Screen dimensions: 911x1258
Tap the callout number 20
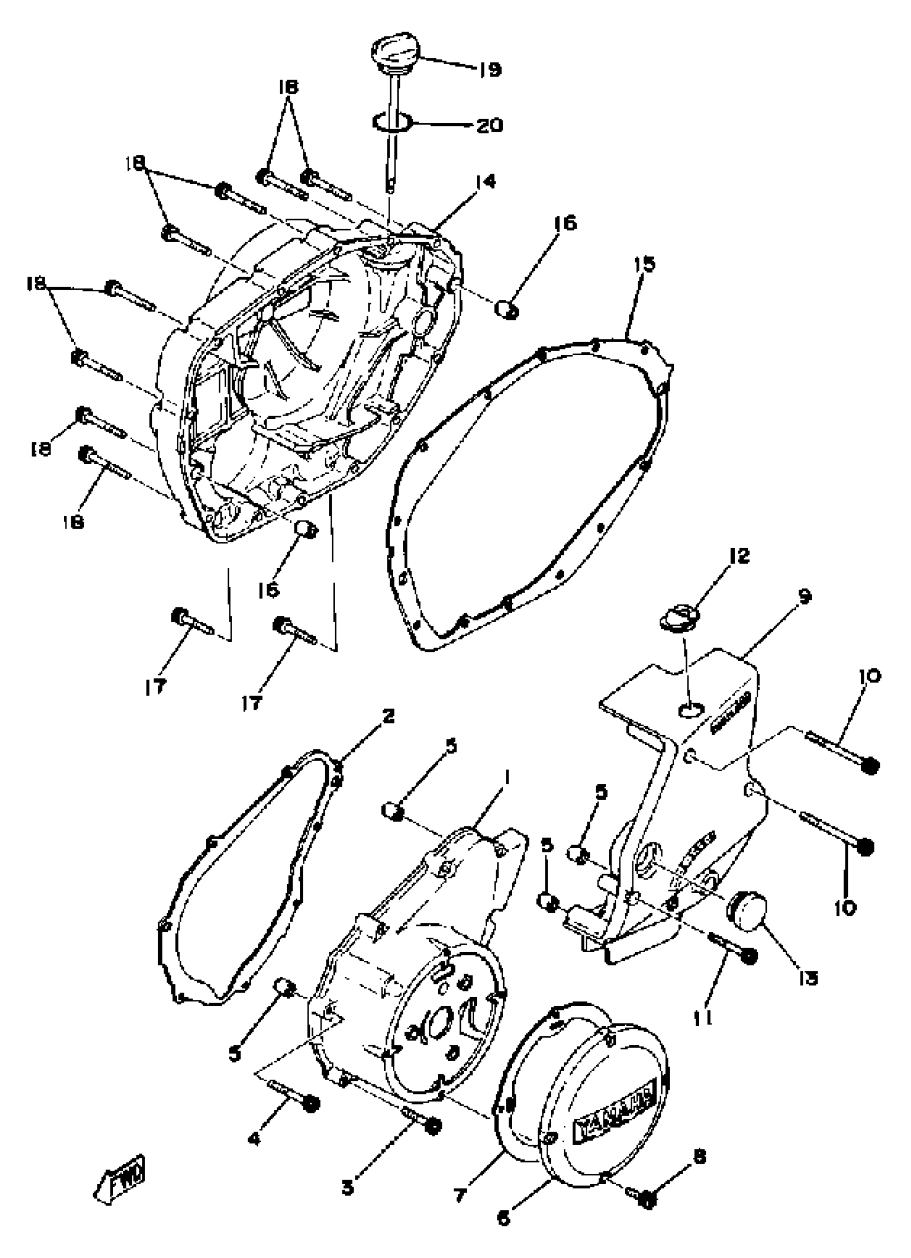pyautogui.click(x=490, y=125)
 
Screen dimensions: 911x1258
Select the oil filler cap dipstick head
pyautogui.click(x=395, y=55)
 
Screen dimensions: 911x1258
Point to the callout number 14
pyautogui.click(x=486, y=182)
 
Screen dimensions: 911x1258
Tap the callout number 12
pyautogui.click(x=738, y=556)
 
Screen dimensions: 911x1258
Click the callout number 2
pyautogui.click(x=388, y=716)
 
